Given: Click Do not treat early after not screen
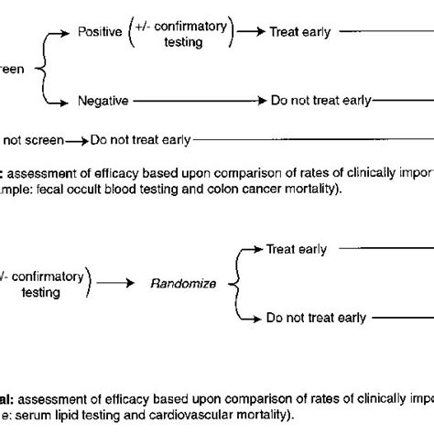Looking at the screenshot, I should (x=139, y=140).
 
